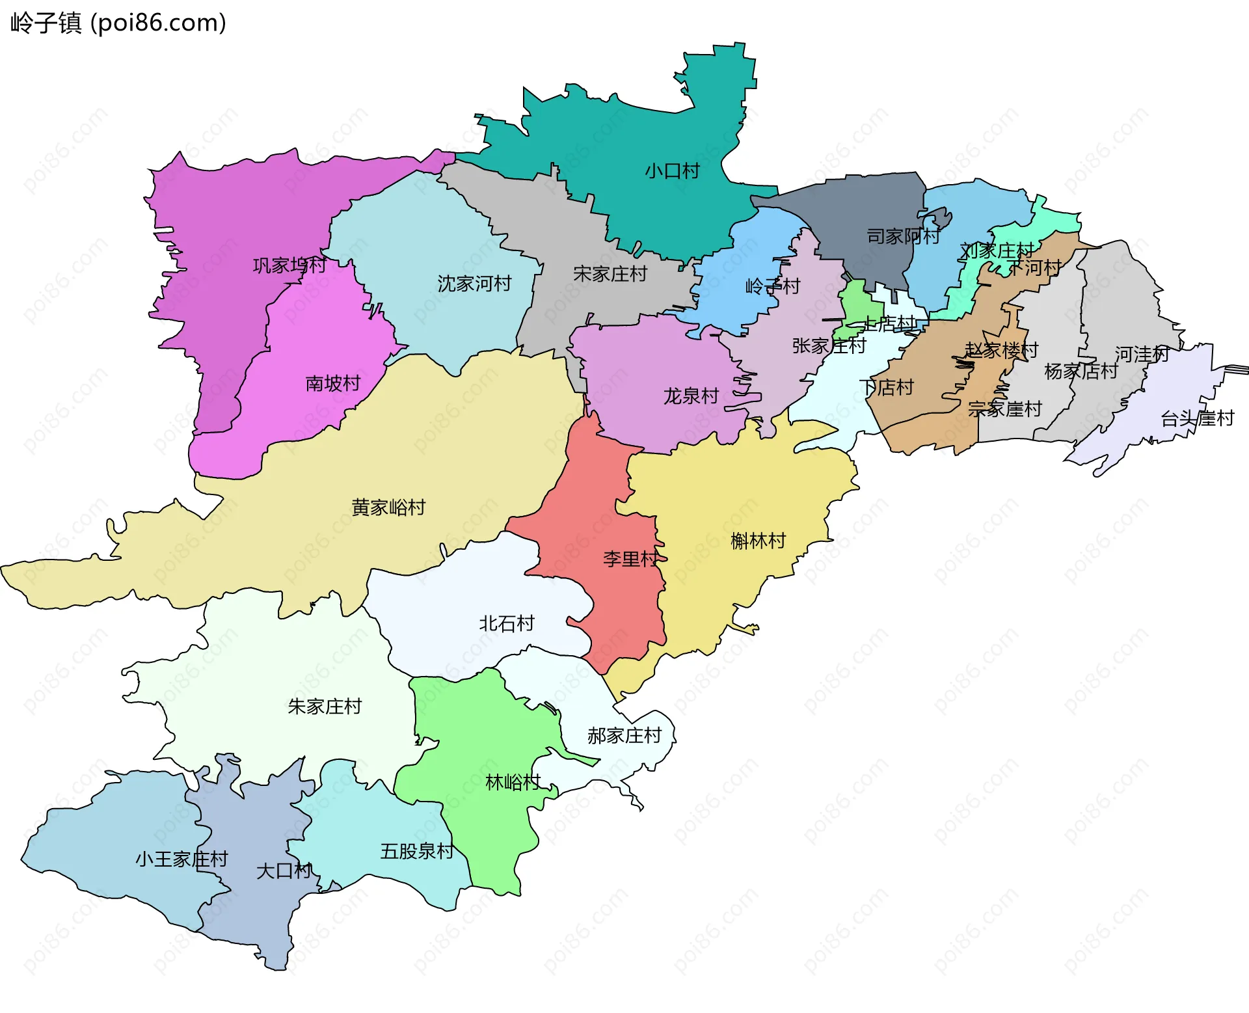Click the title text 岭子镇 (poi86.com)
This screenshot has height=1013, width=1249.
click(x=118, y=23)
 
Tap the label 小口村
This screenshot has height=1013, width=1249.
click(x=672, y=171)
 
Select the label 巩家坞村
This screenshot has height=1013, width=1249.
click(x=289, y=265)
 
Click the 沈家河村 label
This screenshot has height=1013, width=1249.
click(x=474, y=284)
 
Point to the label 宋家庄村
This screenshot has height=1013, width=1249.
click(x=610, y=274)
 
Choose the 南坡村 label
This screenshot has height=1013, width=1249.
click(x=332, y=383)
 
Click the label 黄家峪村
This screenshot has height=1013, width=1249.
click(x=388, y=507)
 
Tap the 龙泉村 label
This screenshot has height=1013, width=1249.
click(x=690, y=396)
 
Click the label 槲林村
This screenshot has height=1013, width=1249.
click(x=758, y=541)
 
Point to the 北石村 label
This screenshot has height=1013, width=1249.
click(x=506, y=623)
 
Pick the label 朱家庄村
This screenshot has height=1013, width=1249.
click(x=325, y=706)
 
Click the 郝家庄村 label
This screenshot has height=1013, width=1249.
click(x=624, y=735)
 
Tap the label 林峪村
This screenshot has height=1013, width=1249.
click(x=513, y=782)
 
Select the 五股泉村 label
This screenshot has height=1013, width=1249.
click(x=416, y=851)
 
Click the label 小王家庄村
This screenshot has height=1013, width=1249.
click(x=181, y=859)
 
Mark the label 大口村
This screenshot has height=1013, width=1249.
click(x=284, y=871)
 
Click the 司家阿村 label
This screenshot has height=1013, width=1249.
click(x=903, y=236)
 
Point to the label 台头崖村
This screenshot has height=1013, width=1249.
click(x=1197, y=418)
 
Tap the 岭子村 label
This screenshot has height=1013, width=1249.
click(x=772, y=286)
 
